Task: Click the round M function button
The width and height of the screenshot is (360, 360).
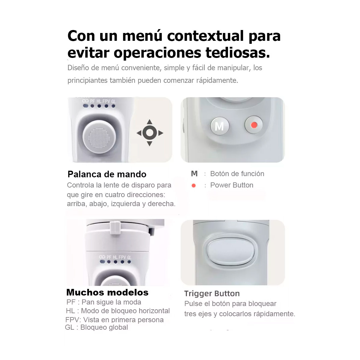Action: coord(220,126)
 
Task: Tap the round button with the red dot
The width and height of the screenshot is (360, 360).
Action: coord(254,125)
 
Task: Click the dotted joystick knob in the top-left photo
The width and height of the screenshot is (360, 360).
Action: coord(99,137)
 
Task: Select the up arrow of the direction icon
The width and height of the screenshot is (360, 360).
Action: coord(149,122)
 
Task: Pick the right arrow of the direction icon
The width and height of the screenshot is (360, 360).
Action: coord(161,133)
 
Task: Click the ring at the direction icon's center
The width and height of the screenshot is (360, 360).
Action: coord(149,133)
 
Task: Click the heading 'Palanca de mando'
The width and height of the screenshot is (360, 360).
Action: coord(107,174)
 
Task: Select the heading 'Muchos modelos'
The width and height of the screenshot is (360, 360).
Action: coord(107,292)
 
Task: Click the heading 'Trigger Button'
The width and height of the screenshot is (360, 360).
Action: coord(212,293)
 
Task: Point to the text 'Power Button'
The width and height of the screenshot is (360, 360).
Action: coord(232,185)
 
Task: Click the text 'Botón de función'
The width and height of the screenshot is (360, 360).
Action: coord(237,174)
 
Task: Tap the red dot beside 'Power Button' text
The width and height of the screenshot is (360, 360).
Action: coord(194,186)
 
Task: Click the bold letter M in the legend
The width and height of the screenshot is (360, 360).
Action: coord(194,174)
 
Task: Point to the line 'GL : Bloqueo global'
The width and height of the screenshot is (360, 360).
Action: coord(97,327)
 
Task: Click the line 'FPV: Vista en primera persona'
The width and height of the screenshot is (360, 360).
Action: coord(115,320)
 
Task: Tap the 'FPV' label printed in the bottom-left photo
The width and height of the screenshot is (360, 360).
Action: coord(122,257)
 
